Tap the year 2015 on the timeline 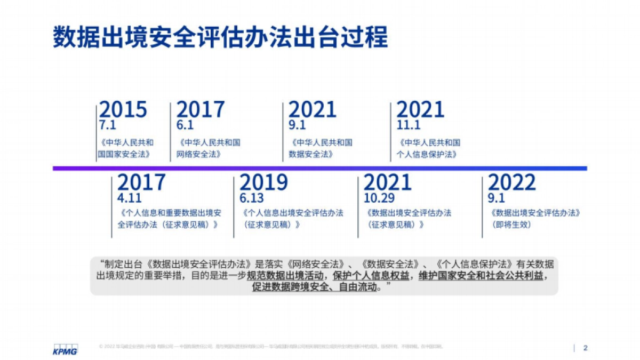click(x=123, y=109)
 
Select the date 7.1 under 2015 click(x=107, y=126)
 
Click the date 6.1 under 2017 click(x=185, y=126)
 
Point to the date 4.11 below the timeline click(x=129, y=199)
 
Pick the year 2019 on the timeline click(x=263, y=182)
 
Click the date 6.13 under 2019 click(x=252, y=199)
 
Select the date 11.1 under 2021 click(x=409, y=126)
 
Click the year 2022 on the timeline click(x=511, y=182)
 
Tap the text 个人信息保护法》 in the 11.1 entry click(x=428, y=154)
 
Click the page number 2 click(x=585, y=348)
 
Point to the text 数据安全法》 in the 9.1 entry click(x=311, y=154)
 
